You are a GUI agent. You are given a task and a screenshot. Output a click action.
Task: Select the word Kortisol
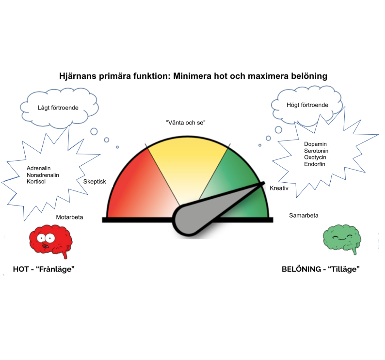pos(36,181)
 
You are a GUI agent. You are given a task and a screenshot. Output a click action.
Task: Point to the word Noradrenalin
pos(43,175)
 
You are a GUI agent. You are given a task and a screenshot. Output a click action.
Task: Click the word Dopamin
pos(316,144)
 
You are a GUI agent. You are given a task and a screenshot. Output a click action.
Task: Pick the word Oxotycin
pos(315,157)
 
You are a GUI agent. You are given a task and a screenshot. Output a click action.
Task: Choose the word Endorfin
pos(315,164)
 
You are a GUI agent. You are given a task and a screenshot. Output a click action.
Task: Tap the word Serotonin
pos(316,151)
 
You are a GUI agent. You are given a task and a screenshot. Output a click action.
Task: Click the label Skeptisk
pos(95,181)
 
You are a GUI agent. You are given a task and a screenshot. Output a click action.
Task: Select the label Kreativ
pos(279,188)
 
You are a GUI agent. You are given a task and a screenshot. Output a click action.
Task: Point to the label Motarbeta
pos(69,217)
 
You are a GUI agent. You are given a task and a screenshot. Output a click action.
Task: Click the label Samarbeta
pos(303,215)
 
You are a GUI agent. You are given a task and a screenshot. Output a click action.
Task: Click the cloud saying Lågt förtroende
pos(58,107)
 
